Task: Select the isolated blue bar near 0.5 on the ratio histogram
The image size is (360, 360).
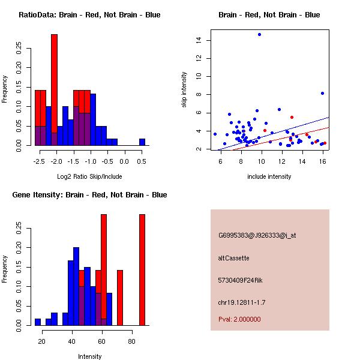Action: pyautogui.click(x=142, y=142)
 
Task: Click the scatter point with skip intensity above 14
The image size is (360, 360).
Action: pyautogui.click(x=259, y=35)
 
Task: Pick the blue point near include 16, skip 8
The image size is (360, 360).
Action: pyautogui.click(x=323, y=93)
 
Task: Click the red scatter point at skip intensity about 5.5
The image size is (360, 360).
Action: pyautogui.click(x=292, y=118)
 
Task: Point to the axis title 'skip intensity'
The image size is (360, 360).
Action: pyautogui.click(x=184, y=90)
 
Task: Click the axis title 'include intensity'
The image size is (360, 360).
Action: pyautogui.click(x=269, y=176)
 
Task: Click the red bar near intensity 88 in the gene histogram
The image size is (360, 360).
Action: pyautogui.click(x=142, y=270)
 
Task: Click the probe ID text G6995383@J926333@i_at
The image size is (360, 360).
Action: pyautogui.click(x=257, y=235)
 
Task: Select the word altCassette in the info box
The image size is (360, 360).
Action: pyautogui.click(x=233, y=258)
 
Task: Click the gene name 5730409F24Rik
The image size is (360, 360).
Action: pyautogui.click(x=241, y=280)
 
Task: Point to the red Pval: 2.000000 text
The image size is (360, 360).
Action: pyautogui.click(x=239, y=319)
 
